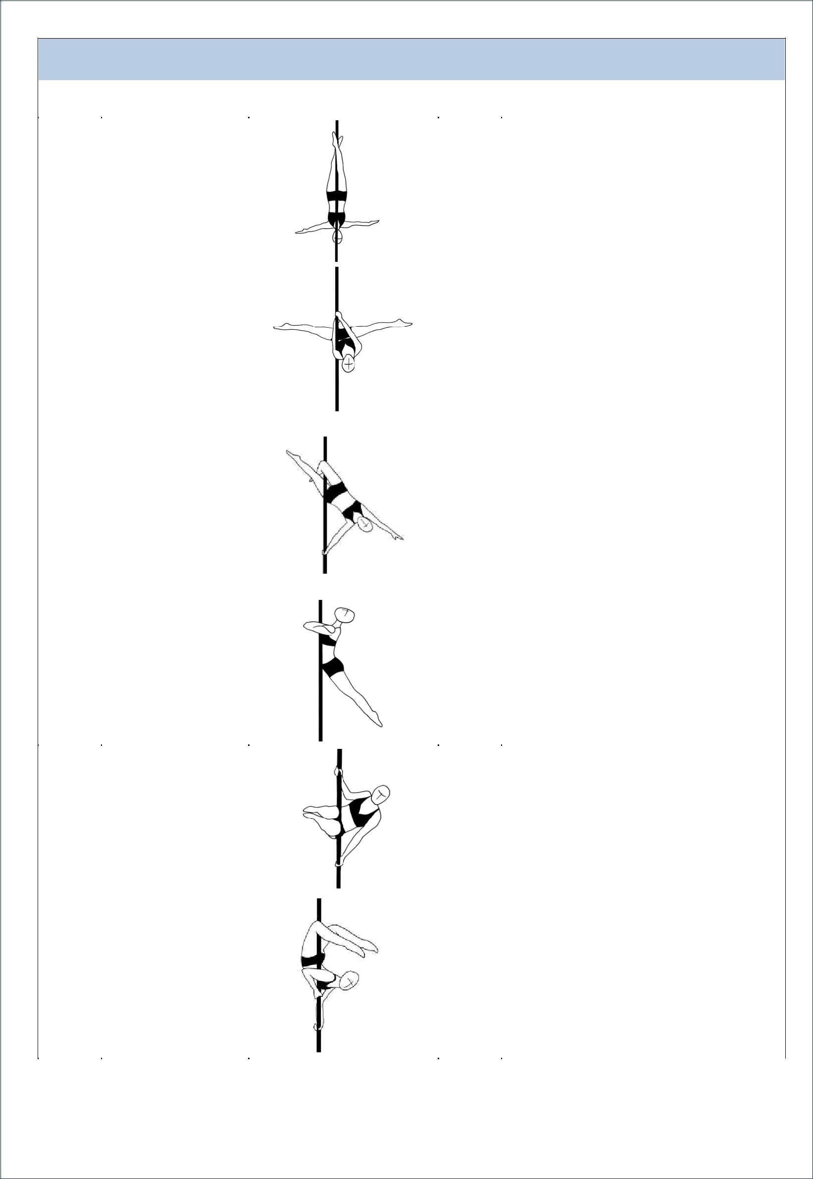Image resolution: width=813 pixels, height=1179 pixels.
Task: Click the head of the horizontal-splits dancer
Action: click(x=349, y=364)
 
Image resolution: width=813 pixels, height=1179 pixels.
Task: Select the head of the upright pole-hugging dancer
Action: click(x=347, y=616)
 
